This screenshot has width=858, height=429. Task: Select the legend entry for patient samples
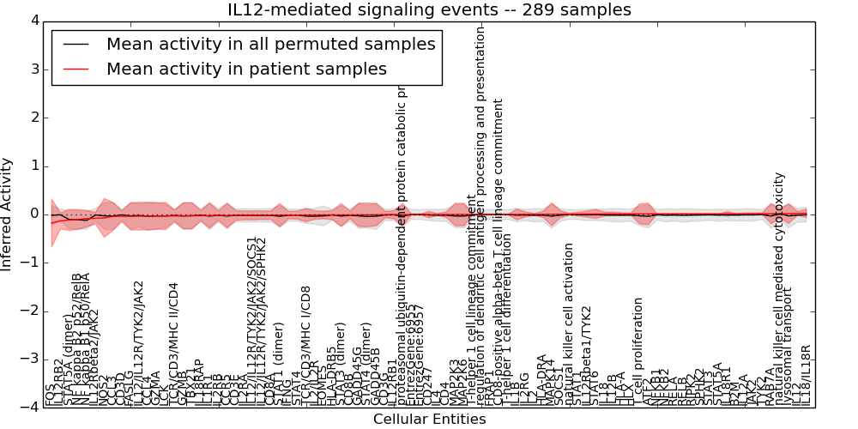246,69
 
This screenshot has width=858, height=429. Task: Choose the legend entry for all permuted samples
270,44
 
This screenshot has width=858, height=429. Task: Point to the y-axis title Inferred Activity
8,214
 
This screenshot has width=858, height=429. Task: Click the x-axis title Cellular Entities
429,420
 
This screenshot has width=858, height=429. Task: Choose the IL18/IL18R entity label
806,375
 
